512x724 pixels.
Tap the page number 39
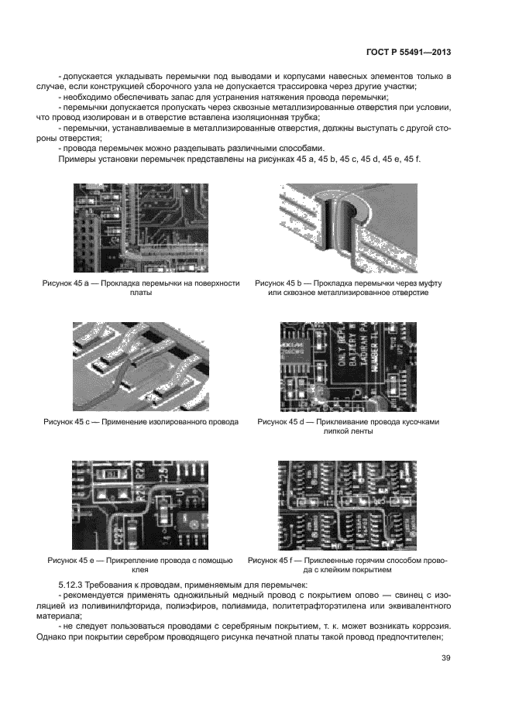point(446,658)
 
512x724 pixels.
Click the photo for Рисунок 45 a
point(142,225)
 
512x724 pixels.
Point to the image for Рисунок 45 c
point(142,362)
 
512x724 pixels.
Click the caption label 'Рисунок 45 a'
point(68,283)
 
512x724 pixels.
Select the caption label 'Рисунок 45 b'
point(282,283)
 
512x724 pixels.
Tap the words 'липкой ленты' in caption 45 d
point(348,432)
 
